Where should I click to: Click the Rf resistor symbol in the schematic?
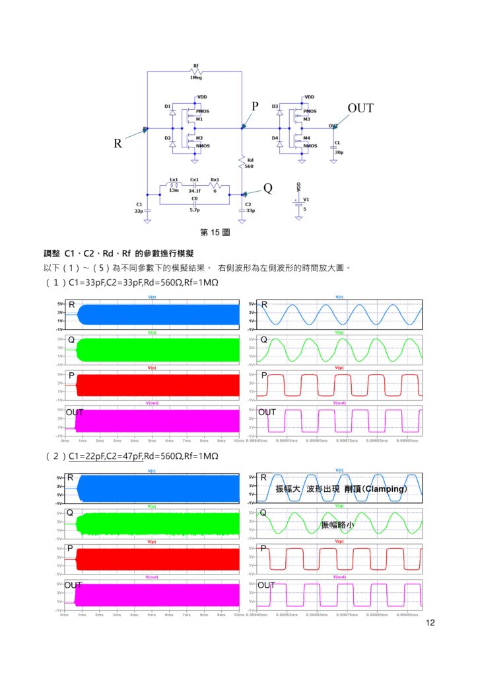click(195, 71)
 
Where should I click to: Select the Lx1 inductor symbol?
click(174, 186)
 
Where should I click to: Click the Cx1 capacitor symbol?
click(194, 186)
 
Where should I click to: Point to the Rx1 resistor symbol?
click(215, 186)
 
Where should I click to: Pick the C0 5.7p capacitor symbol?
click(194, 204)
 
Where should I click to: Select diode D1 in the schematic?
click(172, 114)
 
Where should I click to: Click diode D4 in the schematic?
click(280, 143)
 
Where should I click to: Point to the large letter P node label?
click(255, 106)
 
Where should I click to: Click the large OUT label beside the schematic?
click(360, 108)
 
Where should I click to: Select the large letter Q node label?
click(267, 188)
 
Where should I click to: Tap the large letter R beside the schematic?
click(118, 143)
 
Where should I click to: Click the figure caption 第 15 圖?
click(215, 233)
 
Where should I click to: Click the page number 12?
click(431, 623)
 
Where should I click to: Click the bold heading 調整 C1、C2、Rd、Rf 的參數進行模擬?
click(118, 254)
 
